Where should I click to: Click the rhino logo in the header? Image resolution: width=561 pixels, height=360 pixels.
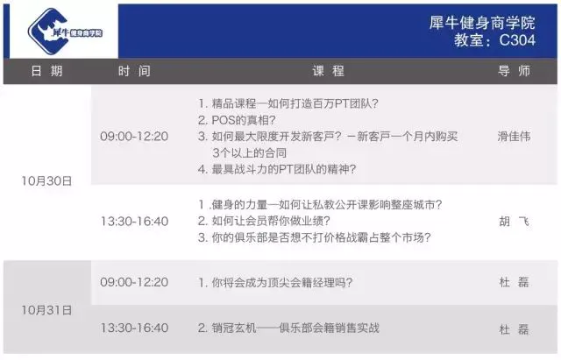click(x=65, y=32)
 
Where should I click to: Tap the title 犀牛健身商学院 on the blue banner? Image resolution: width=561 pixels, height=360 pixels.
click(x=482, y=23)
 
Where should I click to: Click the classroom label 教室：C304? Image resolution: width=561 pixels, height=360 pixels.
click(x=494, y=40)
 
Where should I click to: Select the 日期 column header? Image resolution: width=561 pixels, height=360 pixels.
click(x=46, y=71)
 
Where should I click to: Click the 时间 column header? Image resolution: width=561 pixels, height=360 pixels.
click(x=134, y=71)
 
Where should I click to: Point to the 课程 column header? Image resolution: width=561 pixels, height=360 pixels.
click(x=328, y=71)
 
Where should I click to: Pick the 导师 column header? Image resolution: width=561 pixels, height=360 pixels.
click(x=515, y=71)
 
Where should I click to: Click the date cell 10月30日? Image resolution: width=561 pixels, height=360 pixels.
click(x=46, y=181)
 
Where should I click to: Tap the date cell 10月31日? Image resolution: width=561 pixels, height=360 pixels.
click(x=46, y=310)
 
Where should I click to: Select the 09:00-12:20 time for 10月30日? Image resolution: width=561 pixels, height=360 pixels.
click(x=134, y=137)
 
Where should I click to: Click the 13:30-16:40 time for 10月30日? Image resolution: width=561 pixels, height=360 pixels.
click(x=134, y=222)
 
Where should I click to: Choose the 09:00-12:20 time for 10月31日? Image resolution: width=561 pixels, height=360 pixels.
click(x=134, y=282)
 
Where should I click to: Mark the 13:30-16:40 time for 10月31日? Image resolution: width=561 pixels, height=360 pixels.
click(x=134, y=328)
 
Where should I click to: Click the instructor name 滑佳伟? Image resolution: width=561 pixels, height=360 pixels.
click(x=514, y=137)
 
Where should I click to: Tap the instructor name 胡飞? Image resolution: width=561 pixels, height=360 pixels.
click(x=514, y=222)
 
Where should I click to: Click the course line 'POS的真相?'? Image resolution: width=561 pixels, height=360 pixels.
click(x=237, y=120)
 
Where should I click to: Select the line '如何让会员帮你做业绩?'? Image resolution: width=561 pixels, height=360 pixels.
click(x=264, y=221)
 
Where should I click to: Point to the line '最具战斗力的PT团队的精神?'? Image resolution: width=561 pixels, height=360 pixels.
click(x=277, y=169)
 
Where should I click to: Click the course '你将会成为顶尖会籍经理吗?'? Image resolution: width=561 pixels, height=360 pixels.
click(x=275, y=282)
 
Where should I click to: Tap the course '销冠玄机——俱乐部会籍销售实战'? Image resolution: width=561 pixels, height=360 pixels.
click(x=288, y=328)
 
